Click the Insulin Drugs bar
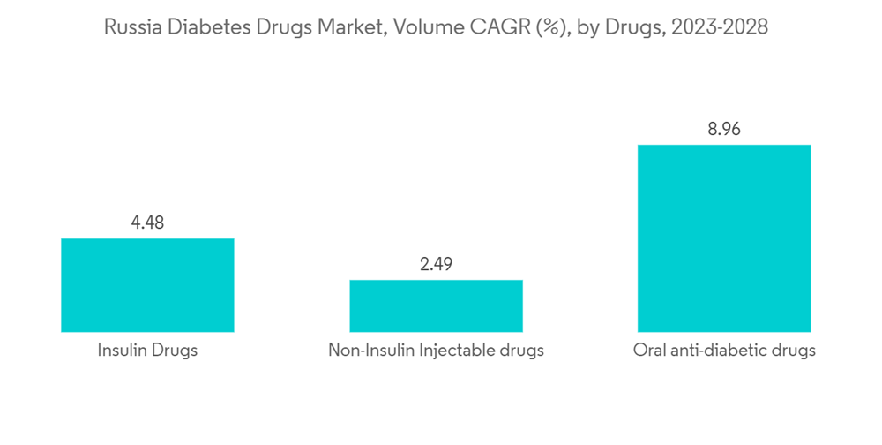147,285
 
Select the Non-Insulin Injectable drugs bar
436,305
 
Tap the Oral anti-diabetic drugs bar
723,238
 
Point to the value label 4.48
147,222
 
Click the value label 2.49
436,264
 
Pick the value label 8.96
723,129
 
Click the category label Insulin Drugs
147,351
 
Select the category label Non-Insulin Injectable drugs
436,351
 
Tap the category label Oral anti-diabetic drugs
723,351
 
